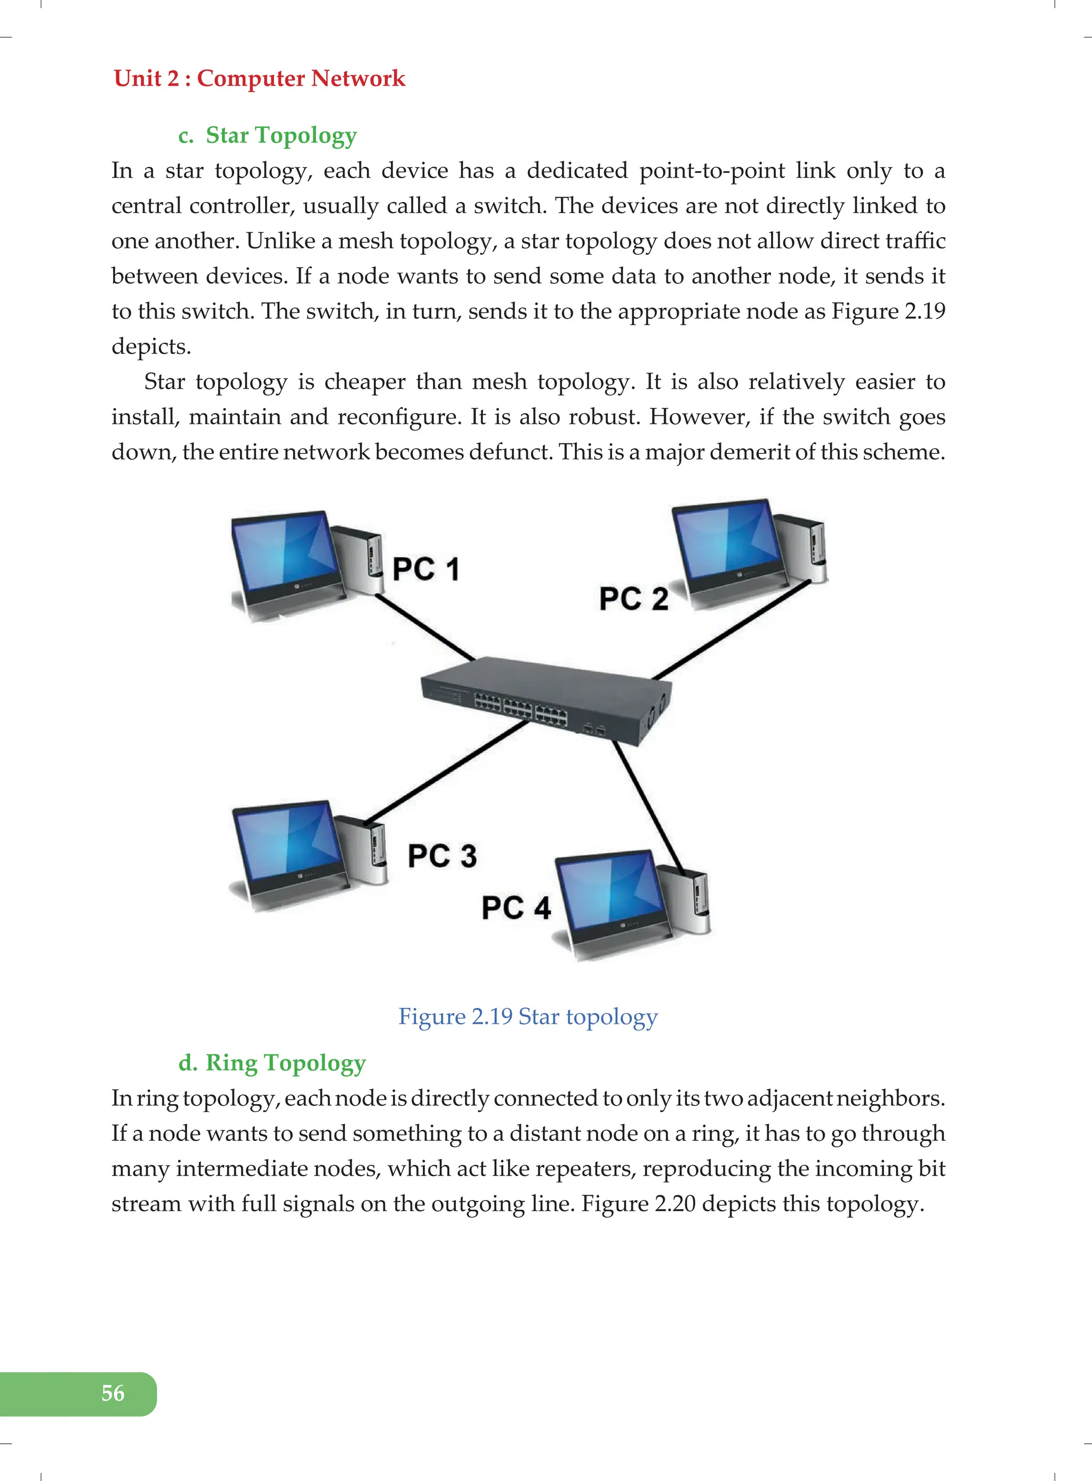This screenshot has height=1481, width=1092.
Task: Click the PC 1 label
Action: tap(425, 569)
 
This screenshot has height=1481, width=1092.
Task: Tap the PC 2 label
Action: tap(633, 599)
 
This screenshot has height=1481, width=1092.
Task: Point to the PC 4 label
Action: tap(516, 908)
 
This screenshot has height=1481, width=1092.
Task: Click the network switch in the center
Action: tap(546, 699)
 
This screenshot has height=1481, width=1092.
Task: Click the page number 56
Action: tap(113, 1393)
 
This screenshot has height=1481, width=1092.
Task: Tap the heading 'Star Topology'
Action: tap(281, 135)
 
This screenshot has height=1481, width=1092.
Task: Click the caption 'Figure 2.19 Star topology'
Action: tap(527, 1017)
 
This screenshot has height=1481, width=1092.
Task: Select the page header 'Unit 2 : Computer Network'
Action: tap(259, 79)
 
